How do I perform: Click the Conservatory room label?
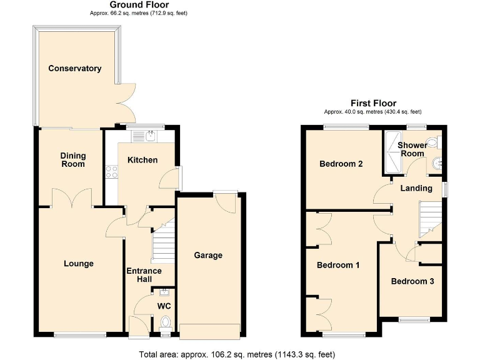[75, 68]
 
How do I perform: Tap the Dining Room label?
[73, 160]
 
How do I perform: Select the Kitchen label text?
[142, 160]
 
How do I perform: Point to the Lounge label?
[79, 264]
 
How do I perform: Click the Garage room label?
[208, 255]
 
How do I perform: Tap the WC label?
[164, 306]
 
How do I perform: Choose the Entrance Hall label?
[144, 275]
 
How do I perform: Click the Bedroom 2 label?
[341, 164]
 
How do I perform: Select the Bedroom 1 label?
[338, 265]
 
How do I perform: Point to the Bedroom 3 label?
[412, 281]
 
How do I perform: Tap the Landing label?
[416, 188]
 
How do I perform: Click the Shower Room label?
[412, 149]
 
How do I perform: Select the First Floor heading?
[372, 104]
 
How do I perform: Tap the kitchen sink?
[151, 134]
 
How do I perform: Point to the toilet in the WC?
[166, 323]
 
